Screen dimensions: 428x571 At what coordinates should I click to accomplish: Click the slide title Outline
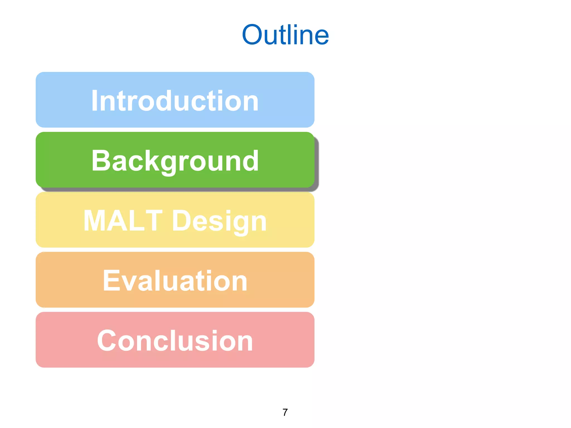285,35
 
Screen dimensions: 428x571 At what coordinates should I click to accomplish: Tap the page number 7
285,412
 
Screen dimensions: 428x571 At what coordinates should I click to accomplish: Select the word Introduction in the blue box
175,101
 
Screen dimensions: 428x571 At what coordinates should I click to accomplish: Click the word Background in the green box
175,161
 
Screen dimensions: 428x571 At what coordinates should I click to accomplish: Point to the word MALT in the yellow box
123,221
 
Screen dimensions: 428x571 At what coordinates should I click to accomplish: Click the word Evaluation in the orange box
175,281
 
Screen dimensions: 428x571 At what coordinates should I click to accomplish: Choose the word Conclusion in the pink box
175,341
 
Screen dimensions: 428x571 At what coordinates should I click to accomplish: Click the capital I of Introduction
95,101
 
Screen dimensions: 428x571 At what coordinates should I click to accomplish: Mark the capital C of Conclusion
107,341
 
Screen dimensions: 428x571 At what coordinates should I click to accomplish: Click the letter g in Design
241,224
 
